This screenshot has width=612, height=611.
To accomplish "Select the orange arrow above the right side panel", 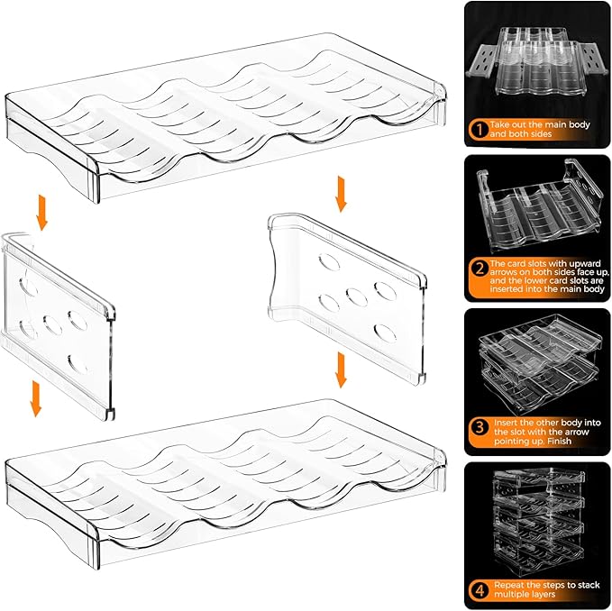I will click(341, 193).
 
